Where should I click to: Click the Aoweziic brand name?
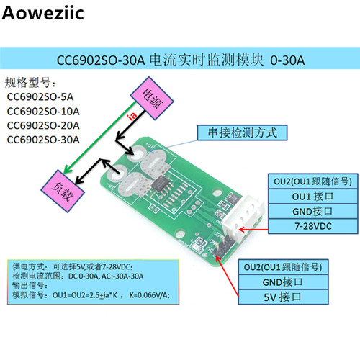coord(42,13)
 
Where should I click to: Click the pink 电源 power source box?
coord(152,98)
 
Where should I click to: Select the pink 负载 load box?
coord(63,191)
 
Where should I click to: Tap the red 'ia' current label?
coord(132,116)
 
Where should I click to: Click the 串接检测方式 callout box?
coord(242,132)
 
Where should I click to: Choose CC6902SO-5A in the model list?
coord(40,97)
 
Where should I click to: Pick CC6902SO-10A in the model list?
coord(43,112)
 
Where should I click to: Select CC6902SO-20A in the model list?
coord(43,125)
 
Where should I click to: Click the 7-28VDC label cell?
coord(313,226)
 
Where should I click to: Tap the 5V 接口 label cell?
coord(283,297)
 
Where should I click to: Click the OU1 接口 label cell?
coord(313,197)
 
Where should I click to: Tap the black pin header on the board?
coord(221,246)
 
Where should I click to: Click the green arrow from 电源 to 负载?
coord(99,138)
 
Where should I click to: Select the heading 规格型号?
coord(30,83)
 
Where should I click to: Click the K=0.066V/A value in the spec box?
coord(149,295)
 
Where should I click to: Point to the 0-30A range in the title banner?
coord(287,60)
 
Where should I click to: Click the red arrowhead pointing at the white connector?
coord(243,230)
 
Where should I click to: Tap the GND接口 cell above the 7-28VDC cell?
coord(313,211)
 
